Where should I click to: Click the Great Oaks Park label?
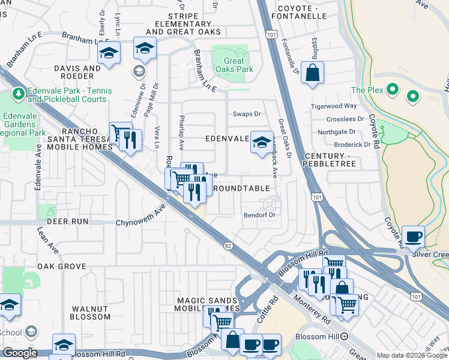[234, 65]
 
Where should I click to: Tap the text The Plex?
[367, 90]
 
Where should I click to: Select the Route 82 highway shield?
[228, 246]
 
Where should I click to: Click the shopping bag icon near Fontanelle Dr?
[312, 74]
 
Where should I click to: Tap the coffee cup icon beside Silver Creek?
[413, 236]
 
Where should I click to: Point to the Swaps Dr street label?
[247, 113]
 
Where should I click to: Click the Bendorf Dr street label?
[259, 215]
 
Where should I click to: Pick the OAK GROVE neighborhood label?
[62, 266]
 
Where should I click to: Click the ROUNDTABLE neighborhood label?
[242, 188]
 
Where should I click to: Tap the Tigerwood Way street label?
[334, 106]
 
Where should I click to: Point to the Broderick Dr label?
[352, 145]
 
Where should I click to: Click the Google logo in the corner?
[20, 353]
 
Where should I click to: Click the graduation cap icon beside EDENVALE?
[261, 142]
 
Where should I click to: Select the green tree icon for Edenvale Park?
[19, 94]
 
